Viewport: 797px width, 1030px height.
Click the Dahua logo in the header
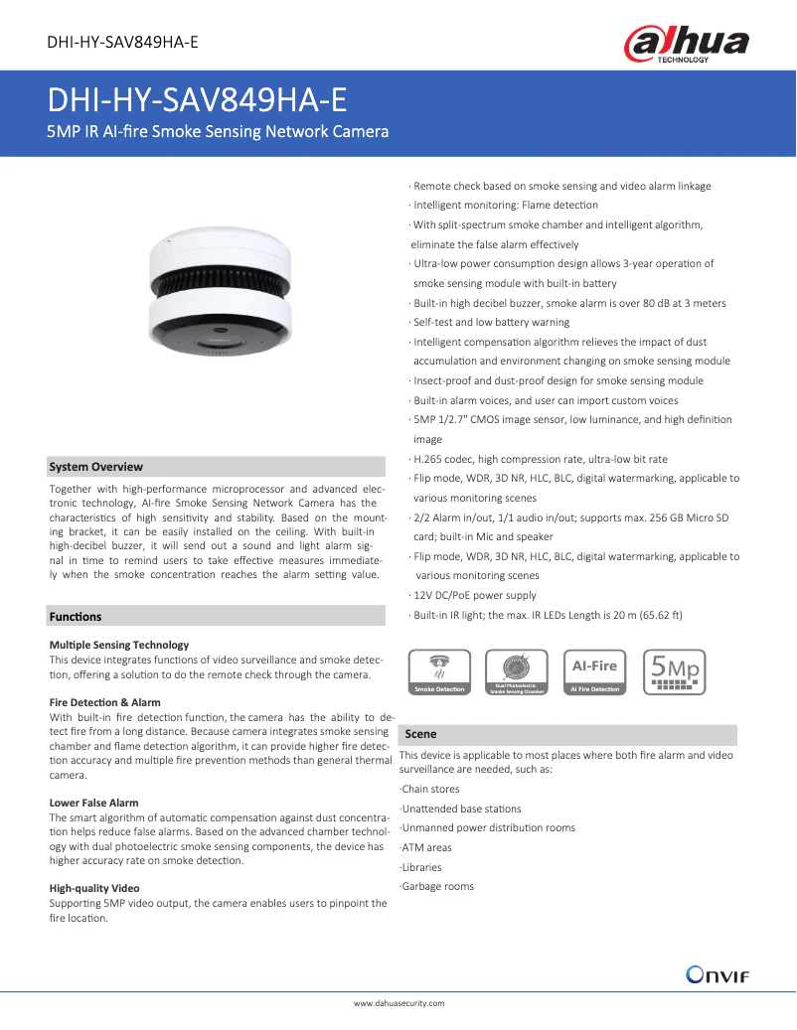(686, 45)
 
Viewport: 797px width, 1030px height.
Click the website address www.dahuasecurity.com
(398, 1003)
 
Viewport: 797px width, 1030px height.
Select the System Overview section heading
(96, 467)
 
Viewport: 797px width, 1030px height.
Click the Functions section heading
(76, 617)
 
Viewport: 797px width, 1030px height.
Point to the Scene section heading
(420, 734)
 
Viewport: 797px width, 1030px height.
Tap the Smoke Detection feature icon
(438, 671)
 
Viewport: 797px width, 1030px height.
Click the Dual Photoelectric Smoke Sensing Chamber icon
(516, 671)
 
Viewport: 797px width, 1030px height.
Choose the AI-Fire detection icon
(594, 671)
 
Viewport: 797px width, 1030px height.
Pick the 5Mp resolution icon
(674, 671)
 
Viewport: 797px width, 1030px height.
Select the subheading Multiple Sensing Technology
(119, 645)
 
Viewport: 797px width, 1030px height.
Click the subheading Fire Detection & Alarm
(104, 702)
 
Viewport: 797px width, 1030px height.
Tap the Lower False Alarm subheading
(94, 803)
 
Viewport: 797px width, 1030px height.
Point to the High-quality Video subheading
(94, 888)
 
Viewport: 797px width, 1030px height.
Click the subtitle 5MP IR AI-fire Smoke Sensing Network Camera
(219, 132)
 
